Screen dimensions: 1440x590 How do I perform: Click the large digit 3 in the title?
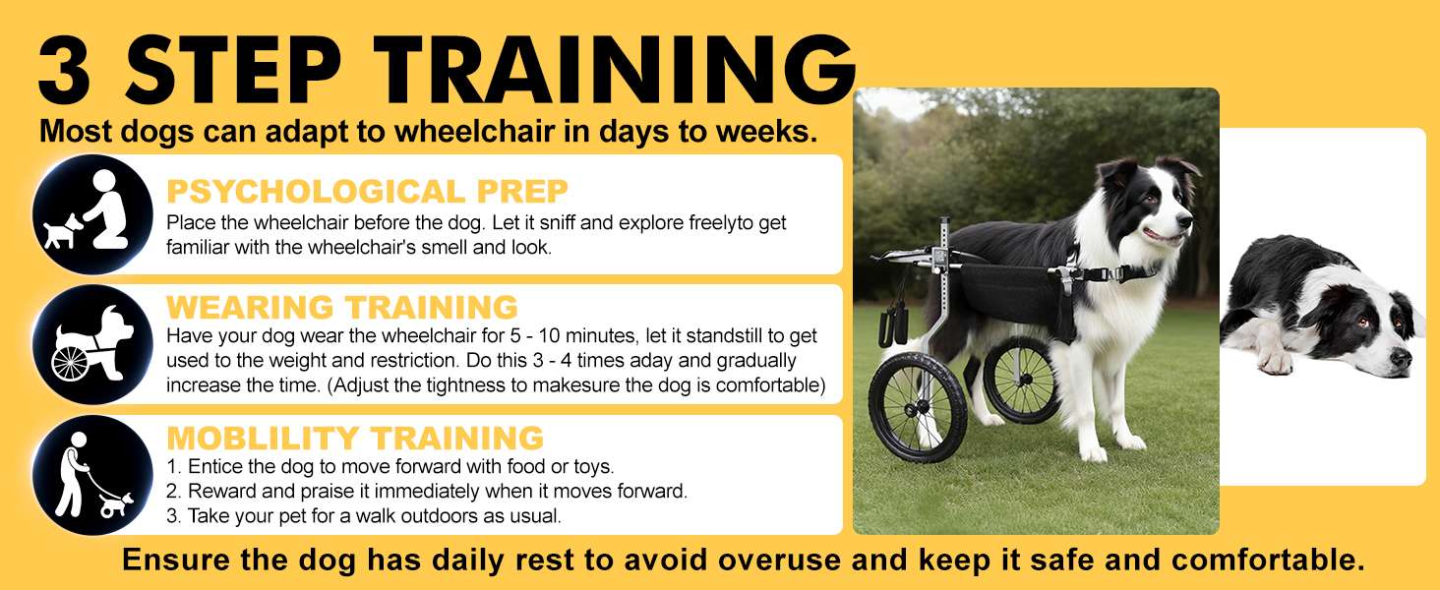pos(64,70)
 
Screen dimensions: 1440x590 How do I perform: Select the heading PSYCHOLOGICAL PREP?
pos(367,192)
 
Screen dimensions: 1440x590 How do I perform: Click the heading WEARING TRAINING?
pos(342,307)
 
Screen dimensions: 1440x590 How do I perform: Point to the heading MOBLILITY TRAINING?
pos(355,439)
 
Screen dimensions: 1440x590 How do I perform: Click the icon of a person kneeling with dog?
pos(92,214)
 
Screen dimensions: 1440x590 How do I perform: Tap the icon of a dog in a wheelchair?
pos(92,344)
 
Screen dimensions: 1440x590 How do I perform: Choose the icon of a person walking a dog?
pos(92,475)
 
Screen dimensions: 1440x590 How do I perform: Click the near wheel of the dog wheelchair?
pos(918,407)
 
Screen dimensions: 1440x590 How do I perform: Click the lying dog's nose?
pos(1398,356)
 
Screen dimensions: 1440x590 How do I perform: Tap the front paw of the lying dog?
pos(1275,363)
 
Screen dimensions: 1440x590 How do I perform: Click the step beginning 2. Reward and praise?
pos(427,492)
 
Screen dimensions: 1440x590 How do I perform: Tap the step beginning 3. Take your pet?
pos(364,516)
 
